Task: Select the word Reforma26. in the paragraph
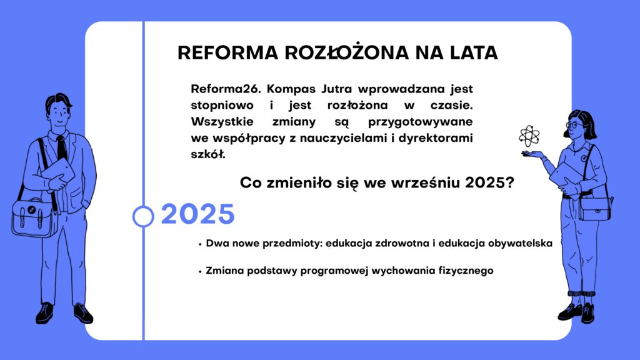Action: pyautogui.click(x=226, y=89)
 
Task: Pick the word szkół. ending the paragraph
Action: pyautogui.click(x=208, y=154)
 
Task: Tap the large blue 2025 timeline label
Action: pyautogui.click(x=198, y=214)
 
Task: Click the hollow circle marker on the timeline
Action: pyautogui.click(x=143, y=216)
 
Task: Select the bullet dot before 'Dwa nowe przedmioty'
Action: pyautogui.click(x=200, y=244)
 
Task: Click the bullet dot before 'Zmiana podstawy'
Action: pyautogui.click(x=200, y=272)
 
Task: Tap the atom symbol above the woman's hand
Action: pyautogui.click(x=529, y=136)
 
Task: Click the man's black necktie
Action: pyautogui.click(x=62, y=147)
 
